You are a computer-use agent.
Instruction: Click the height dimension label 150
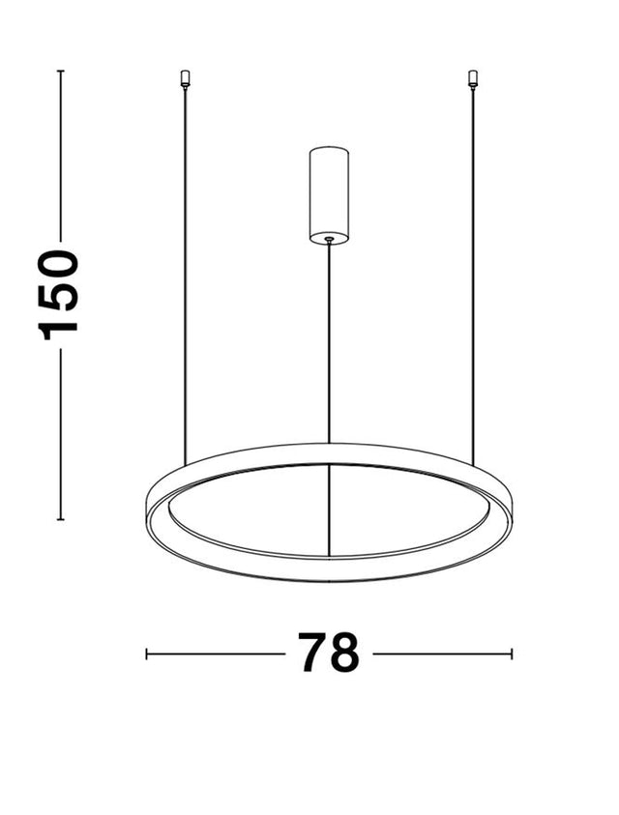point(58,295)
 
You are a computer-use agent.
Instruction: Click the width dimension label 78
point(328,653)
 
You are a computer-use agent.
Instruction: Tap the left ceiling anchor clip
point(184,78)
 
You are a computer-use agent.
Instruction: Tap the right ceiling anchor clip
point(472,78)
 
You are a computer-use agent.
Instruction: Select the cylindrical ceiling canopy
point(329,195)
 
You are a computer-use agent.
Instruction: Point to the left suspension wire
point(185,277)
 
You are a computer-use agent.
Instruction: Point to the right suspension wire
point(473,277)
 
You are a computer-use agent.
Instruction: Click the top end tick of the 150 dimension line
point(60,71)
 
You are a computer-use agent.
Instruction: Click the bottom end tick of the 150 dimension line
point(60,519)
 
